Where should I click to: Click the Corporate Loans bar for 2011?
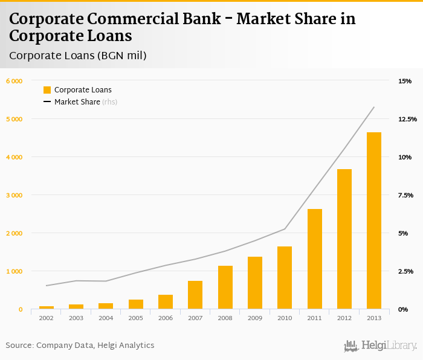point(314,259)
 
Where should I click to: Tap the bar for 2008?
point(225,288)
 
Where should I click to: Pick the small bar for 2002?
point(47,307)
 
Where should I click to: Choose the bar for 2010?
point(285,278)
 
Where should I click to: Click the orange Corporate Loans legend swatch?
point(47,90)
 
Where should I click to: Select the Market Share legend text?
point(77,102)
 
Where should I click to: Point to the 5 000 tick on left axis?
point(13,119)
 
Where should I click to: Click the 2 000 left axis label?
point(13,233)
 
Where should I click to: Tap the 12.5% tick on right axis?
point(407,119)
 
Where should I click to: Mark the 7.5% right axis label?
point(405,195)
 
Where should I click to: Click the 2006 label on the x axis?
point(165,318)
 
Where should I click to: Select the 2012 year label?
point(344,318)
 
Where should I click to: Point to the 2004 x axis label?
point(106,318)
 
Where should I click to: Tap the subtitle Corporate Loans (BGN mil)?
point(78,56)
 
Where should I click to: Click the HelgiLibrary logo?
point(380,346)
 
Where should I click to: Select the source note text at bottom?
point(80,345)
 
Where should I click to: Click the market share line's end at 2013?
point(374,108)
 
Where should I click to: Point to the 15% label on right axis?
point(404,81)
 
